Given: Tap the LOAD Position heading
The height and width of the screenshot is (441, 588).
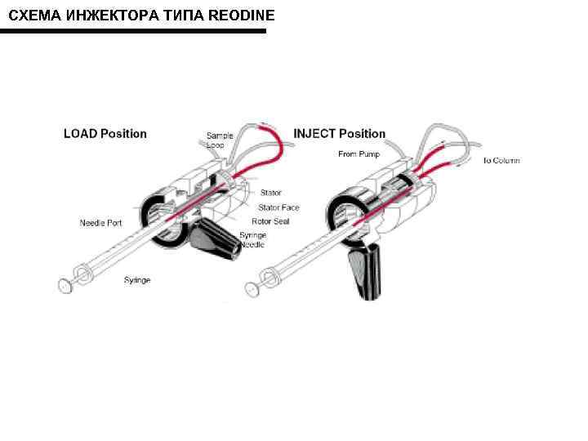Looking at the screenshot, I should pyautogui.click(x=105, y=134).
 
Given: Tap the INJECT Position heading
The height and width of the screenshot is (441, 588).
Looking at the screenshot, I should pyautogui.click(x=339, y=134).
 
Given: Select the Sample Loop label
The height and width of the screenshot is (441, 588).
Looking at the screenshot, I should pyautogui.click(x=219, y=140).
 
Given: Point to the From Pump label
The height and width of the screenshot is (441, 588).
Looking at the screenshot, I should pyautogui.click(x=358, y=154).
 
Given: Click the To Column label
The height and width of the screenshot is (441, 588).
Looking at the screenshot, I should pyautogui.click(x=501, y=161).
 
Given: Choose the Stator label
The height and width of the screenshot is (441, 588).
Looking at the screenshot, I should pyautogui.click(x=270, y=193).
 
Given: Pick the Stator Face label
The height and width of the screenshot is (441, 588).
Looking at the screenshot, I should pyautogui.click(x=279, y=207).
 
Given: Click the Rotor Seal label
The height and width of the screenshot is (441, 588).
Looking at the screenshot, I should pyautogui.click(x=270, y=221).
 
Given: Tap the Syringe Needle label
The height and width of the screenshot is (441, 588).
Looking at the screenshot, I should pyautogui.click(x=253, y=240).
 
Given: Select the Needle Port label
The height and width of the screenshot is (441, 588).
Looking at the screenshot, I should pyautogui.click(x=100, y=222).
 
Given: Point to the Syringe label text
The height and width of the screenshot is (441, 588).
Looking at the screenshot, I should pyautogui.click(x=137, y=280).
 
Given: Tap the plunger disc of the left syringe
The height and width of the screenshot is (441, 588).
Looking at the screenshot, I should pyautogui.click(x=65, y=285).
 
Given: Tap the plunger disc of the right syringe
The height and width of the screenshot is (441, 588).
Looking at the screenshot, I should pyautogui.click(x=253, y=288).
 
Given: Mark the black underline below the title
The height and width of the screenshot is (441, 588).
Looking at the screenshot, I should pyautogui.click(x=133, y=32).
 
